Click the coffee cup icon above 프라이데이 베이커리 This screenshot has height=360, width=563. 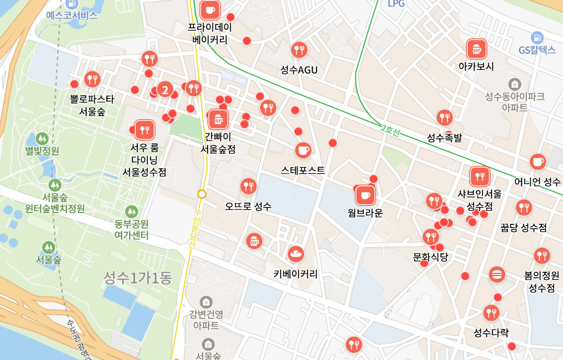210,10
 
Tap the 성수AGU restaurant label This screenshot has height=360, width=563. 299,70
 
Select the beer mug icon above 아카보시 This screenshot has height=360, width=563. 477,49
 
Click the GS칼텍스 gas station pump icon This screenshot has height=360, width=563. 537,38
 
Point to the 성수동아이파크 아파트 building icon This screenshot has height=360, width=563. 514,84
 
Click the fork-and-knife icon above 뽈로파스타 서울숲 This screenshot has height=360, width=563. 92,80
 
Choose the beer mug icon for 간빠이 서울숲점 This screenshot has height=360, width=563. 218,119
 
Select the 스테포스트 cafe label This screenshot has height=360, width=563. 303,170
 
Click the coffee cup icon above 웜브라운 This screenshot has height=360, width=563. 365,195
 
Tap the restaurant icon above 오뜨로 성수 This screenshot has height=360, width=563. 248,187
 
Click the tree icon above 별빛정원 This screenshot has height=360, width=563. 42,138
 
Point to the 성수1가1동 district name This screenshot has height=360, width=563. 138,278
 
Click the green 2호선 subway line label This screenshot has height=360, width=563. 390,131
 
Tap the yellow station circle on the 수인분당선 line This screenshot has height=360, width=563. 202,194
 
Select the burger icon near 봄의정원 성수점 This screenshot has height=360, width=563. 497,274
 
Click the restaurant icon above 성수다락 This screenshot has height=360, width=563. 491,313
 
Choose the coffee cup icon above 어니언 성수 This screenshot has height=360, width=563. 537,162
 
